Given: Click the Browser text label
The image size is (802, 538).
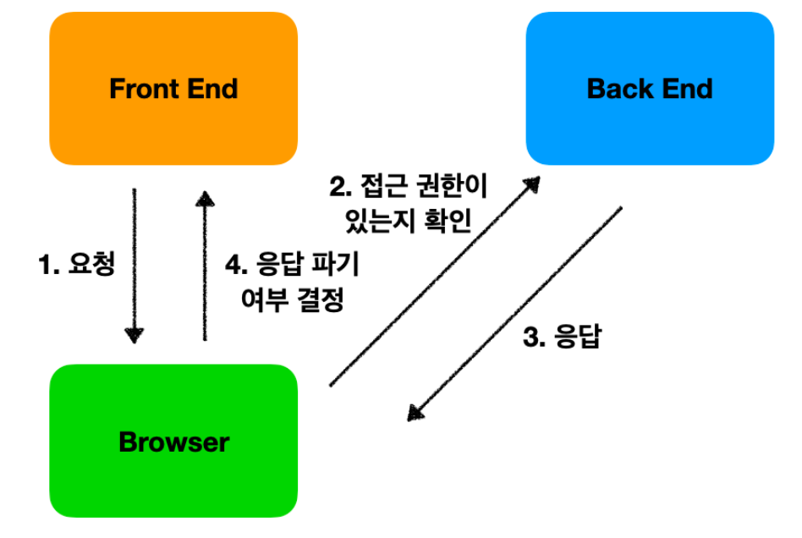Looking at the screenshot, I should click(x=173, y=442).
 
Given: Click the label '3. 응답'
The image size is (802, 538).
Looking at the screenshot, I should click(x=562, y=338).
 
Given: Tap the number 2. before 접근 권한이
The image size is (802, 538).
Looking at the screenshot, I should click(x=339, y=184).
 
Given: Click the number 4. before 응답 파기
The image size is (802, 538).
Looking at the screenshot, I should click(x=236, y=265).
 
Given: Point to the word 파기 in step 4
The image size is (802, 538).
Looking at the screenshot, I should click(x=340, y=265).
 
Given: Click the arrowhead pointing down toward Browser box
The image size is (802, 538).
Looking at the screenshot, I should click(x=134, y=335).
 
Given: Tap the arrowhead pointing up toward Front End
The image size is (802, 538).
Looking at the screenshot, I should click(x=204, y=197).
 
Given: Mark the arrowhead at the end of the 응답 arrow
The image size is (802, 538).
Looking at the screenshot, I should click(x=415, y=412).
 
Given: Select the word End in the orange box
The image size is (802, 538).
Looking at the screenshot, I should click(x=211, y=89).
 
